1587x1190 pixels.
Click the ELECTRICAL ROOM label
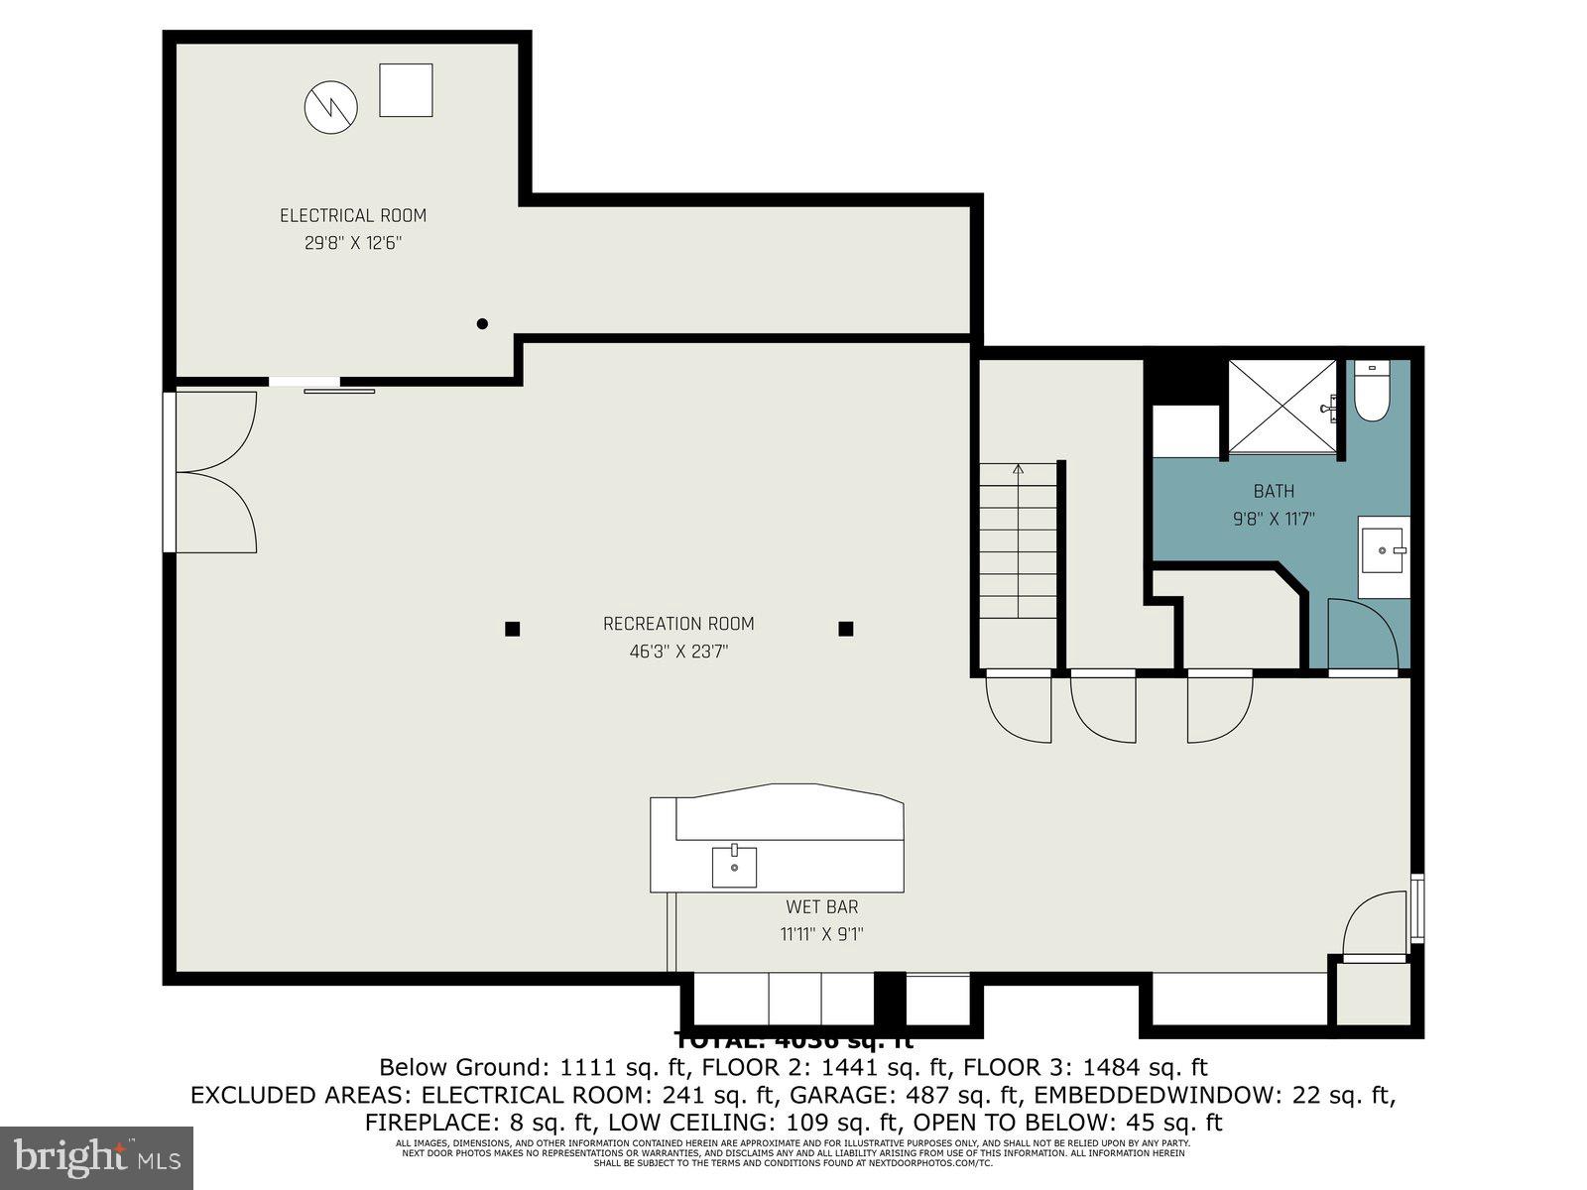point(352,215)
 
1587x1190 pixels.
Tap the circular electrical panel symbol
point(330,107)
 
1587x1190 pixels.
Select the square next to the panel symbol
point(406,90)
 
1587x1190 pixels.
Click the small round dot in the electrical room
point(482,323)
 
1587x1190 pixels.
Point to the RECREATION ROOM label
point(678,624)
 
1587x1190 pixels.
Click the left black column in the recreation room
point(513,629)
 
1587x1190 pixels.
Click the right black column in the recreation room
point(846,629)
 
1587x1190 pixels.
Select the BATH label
point(1274,491)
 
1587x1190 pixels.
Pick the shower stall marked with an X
point(1282,407)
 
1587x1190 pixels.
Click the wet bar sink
point(734,867)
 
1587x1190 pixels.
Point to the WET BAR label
point(821,906)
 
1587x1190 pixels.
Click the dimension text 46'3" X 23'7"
point(678,652)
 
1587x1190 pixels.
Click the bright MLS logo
point(96,1157)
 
